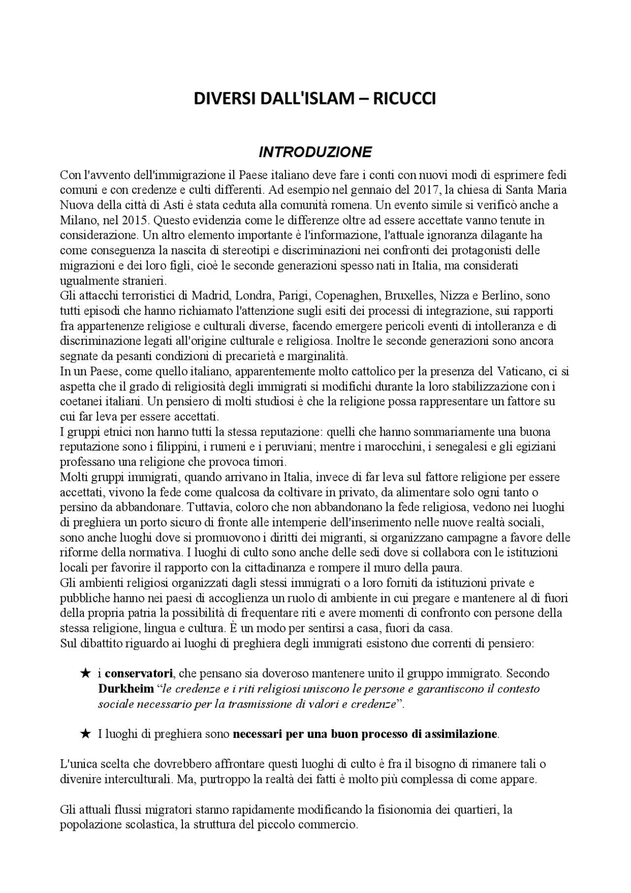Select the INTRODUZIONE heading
click(x=315, y=151)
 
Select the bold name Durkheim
click(x=126, y=688)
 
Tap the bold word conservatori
click(x=139, y=673)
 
